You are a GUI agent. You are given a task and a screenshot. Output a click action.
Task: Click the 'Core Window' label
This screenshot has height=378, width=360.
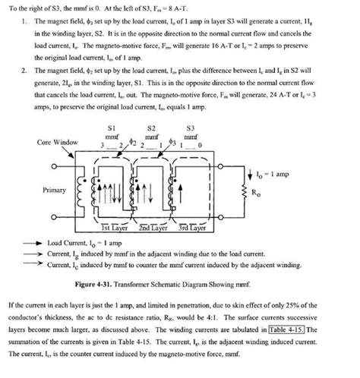pyautogui.click(x=50, y=143)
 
